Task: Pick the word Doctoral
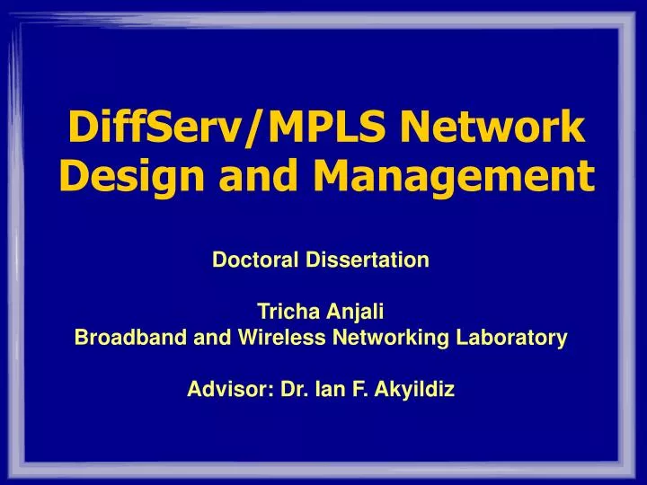(x=249, y=260)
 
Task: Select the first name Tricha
(x=283, y=313)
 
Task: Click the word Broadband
(x=118, y=339)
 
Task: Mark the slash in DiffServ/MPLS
(x=257, y=128)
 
